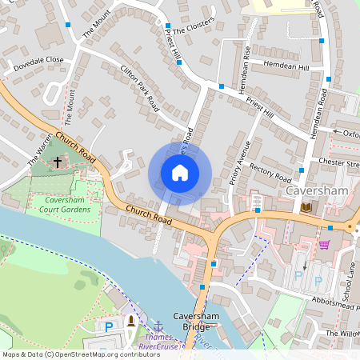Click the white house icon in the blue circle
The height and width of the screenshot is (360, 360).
pos(180,173)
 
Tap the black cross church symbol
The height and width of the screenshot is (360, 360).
pos(57,162)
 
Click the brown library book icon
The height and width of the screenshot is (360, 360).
pos(307,207)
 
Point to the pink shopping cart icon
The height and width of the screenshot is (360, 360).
pos(324,244)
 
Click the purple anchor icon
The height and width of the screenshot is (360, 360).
pos(158,326)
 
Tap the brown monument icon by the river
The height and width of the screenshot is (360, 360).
pos(131,322)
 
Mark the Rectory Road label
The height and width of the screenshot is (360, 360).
pos(270,171)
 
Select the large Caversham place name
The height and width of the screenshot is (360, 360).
pos(314,193)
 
